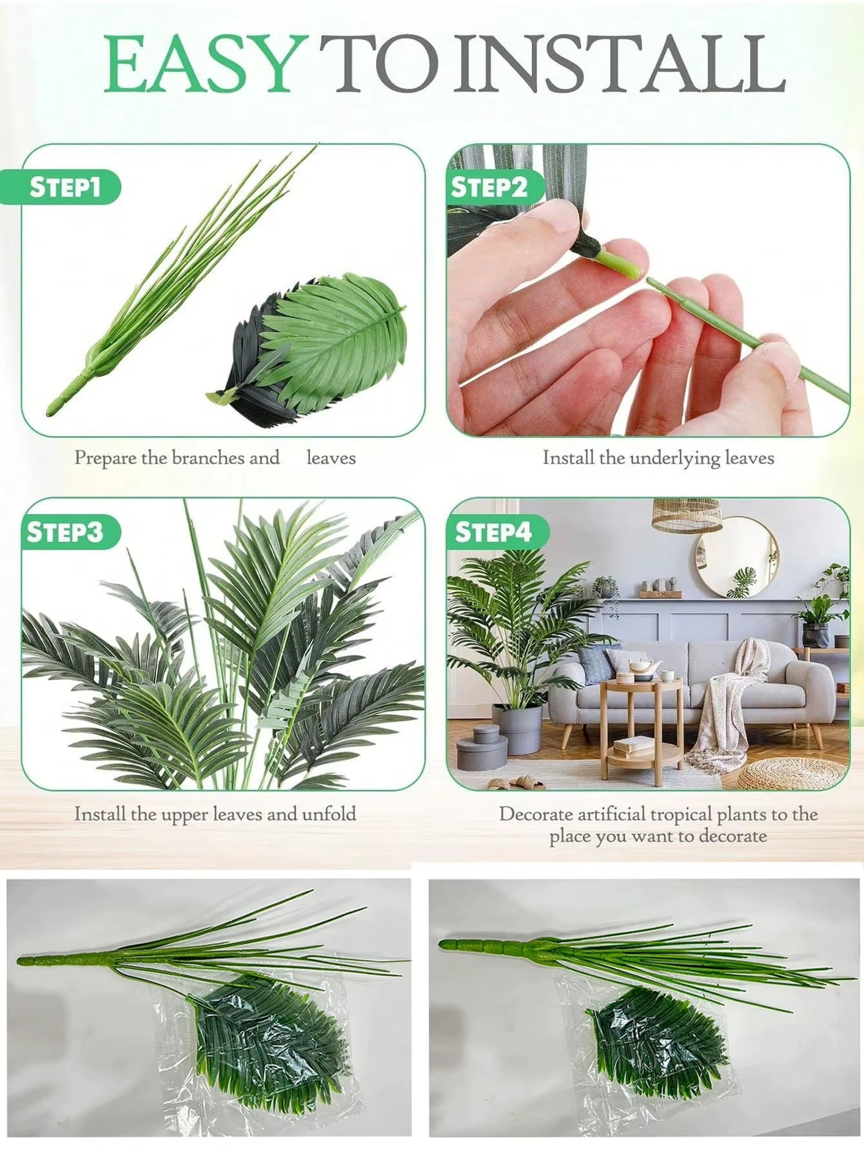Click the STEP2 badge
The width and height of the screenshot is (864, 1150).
click(x=489, y=187)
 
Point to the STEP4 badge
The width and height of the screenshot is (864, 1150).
click(x=494, y=532)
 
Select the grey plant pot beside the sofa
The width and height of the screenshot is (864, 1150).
click(x=516, y=729)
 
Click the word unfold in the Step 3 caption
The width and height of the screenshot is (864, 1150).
click(x=329, y=814)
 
